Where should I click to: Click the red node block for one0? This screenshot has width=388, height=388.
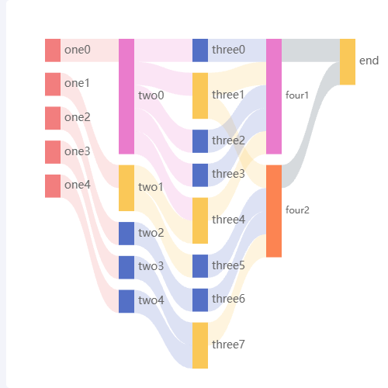53,50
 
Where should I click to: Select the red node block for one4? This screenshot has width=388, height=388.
53,186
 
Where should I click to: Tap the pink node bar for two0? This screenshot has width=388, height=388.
126,96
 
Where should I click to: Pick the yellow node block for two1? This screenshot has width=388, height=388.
126,188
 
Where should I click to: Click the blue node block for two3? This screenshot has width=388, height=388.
126,268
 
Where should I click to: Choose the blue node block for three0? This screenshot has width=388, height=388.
200,50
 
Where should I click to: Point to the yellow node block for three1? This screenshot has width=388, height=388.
200,95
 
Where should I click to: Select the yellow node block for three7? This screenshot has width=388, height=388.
200,345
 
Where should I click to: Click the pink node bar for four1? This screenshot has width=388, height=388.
274,96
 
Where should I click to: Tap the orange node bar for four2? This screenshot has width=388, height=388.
274,211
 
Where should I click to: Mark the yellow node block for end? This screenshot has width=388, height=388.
348,62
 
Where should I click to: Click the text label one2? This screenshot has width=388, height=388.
78,117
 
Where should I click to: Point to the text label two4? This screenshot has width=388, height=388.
151,300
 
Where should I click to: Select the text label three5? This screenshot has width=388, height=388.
228,265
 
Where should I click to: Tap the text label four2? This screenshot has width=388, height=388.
297,210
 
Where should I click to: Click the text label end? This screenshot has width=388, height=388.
369,61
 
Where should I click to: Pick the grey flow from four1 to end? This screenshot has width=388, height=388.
311,50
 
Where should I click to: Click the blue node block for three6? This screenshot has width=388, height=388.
200,300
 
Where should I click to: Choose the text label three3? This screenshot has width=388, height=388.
228,174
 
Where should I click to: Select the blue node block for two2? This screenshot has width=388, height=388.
126,234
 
